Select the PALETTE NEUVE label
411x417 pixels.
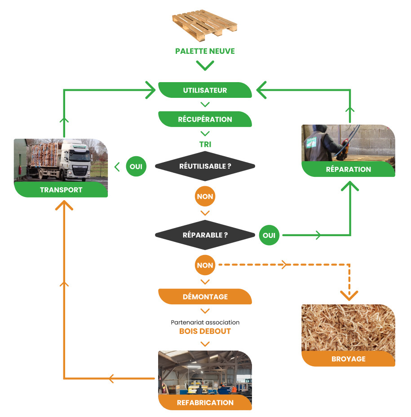tap(205, 51)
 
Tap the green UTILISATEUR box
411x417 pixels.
tap(205, 90)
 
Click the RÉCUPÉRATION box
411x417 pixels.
tap(205, 119)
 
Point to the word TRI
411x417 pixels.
tap(205, 145)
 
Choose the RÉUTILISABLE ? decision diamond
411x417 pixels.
tap(205, 167)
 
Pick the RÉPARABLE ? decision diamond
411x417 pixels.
tap(205, 235)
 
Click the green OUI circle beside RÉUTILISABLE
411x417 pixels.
tap(136, 167)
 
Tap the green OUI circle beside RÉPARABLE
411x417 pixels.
tap(269, 235)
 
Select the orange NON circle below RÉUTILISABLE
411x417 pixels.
tap(205, 196)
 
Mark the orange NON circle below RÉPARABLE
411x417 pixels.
tap(205, 265)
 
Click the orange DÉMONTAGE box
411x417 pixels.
tap(205, 297)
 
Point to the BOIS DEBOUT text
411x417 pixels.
tap(205, 331)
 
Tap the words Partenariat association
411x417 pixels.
tap(205, 322)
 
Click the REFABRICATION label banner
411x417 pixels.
tap(205, 403)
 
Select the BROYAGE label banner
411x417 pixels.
tap(348, 359)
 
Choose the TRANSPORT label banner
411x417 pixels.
tap(61, 190)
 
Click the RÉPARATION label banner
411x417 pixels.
tap(348, 169)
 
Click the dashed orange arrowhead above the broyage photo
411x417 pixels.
tap(349, 295)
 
